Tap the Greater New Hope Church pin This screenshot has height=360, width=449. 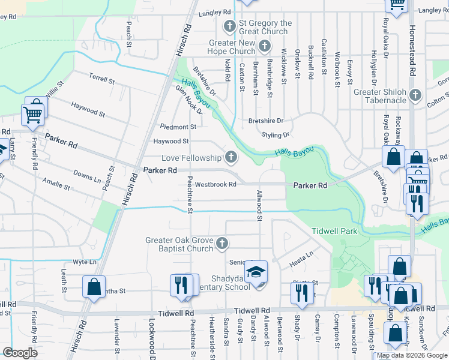[x=265, y=47]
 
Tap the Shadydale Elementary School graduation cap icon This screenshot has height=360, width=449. [x=256, y=273]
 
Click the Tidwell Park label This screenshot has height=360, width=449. [x=334, y=232]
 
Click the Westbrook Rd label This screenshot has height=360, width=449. [x=215, y=185]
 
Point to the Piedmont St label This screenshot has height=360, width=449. [x=178, y=127]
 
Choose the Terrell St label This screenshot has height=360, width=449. [x=101, y=79]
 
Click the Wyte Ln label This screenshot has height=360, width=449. [x=84, y=262]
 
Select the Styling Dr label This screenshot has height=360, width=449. [x=276, y=135]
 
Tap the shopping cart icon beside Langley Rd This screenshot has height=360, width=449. [x=397, y=4]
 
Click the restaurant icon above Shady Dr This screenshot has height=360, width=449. [x=301, y=292]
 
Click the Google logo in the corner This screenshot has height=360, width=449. [x=20, y=353]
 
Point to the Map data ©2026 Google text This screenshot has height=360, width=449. [x=412, y=355]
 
